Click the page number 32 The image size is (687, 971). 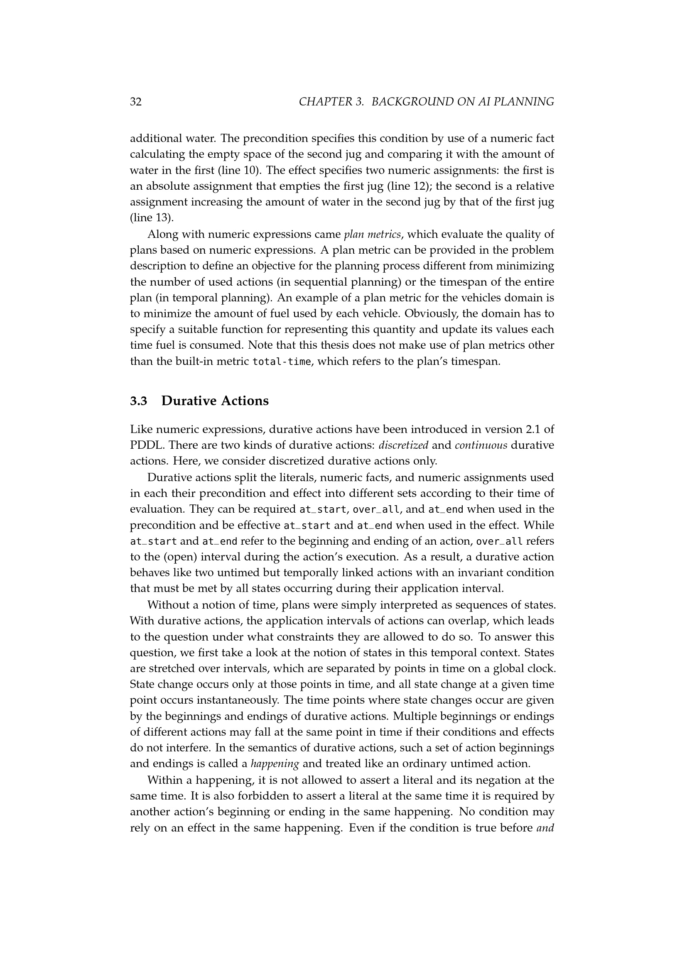point(136,102)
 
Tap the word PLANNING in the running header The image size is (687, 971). point(524,102)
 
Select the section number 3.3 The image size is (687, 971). point(138,401)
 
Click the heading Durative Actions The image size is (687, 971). point(215,401)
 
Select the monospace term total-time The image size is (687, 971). point(281,362)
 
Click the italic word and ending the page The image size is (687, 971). point(545,828)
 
